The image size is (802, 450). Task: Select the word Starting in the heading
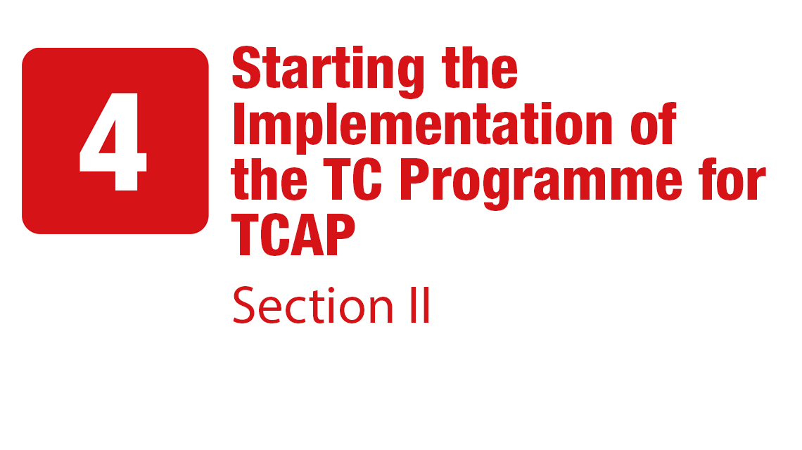click(x=328, y=71)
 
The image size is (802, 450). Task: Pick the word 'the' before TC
click(x=269, y=179)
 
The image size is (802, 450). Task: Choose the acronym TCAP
click(x=293, y=235)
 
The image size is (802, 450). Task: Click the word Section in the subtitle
click(x=312, y=305)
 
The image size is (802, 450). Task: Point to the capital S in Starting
click(x=248, y=68)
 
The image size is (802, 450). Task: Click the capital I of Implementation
click(x=238, y=124)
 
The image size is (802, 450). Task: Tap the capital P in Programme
click(x=414, y=179)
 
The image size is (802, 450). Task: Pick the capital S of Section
click(x=243, y=305)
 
